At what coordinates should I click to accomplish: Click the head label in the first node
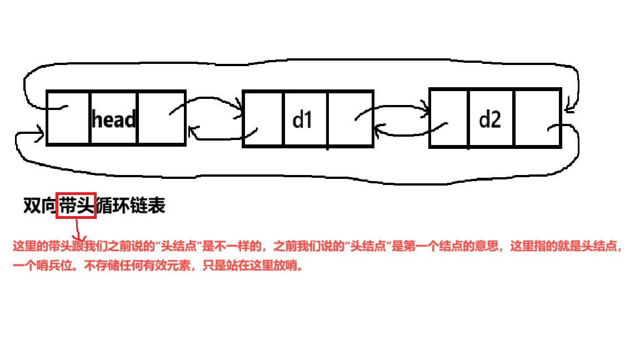pyautogui.click(x=113, y=119)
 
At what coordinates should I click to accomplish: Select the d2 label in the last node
pyautogui.click(x=489, y=119)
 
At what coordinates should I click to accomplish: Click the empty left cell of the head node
pyautogui.click(x=68, y=118)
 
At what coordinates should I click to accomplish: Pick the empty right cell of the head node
pyautogui.click(x=161, y=118)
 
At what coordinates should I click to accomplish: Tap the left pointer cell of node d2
pyautogui.click(x=449, y=118)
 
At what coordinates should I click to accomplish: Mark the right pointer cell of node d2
pyautogui.click(x=538, y=118)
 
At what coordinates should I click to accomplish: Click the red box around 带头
pyautogui.click(x=76, y=206)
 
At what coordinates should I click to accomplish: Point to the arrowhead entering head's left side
pyautogui.click(x=41, y=133)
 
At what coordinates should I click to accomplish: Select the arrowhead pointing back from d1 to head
pyautogui.click(x=192, y=131)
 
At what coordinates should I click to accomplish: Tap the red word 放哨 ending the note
pyautogui.click(x=292, y=266)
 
